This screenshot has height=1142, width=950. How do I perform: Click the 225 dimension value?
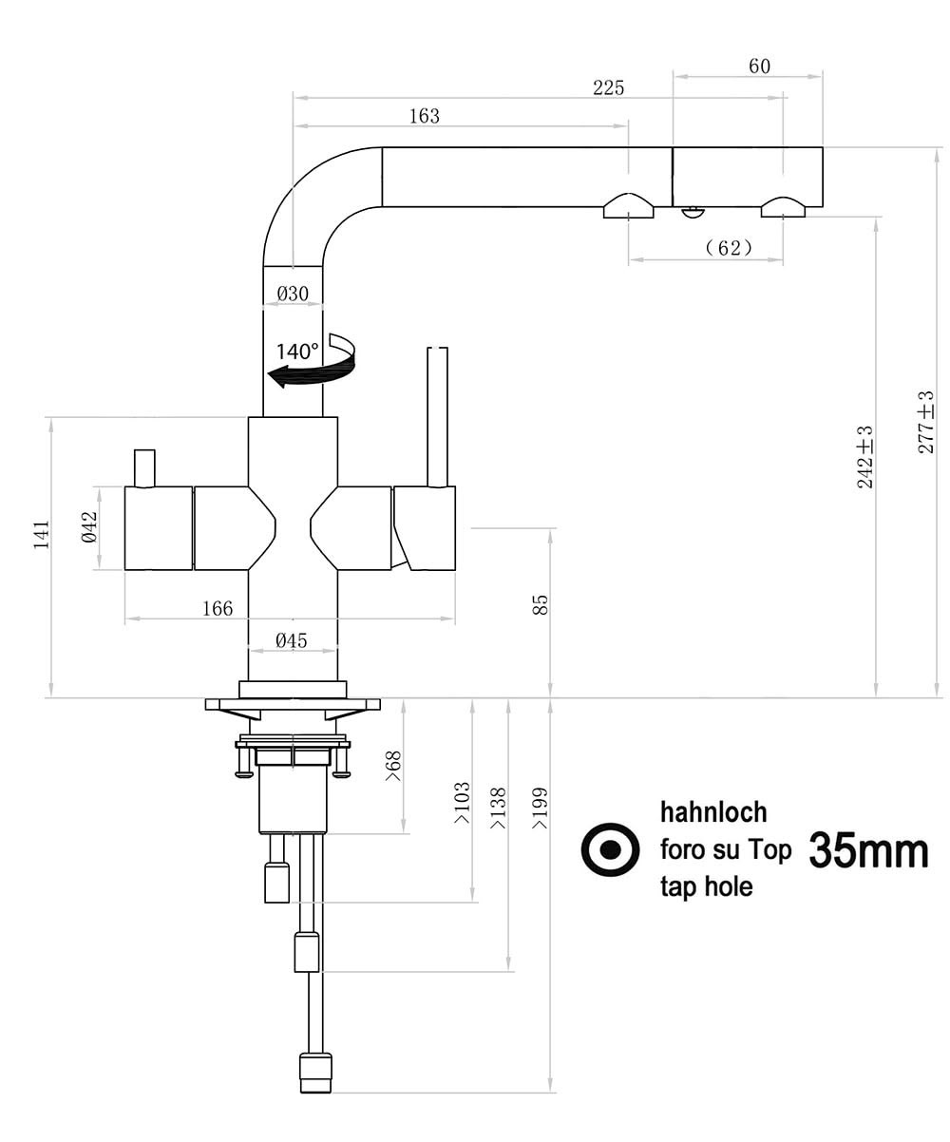click(x=609, y=87)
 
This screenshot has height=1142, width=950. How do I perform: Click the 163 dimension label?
click(x=424, y=116)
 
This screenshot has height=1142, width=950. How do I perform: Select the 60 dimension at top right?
click(x=759, y=66)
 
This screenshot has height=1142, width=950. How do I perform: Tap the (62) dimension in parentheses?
click(x=729, y=248)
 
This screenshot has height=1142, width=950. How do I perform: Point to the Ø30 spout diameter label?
click(x=293, y=294)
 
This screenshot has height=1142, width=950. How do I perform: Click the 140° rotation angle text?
click(x=297, y=351)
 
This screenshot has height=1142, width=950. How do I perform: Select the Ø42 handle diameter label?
click(x=89, y=526)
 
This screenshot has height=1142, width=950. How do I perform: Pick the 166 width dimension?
click(x=217, y=609)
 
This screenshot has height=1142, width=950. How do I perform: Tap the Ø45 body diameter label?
click(x=291, y=640)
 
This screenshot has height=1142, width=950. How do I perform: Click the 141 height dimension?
click(x=41, y=535)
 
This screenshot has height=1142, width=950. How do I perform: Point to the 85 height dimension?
click(x=540, y=605)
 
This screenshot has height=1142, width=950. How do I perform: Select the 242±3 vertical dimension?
click(x=864, y=457)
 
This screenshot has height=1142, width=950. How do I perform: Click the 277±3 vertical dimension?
click(x=925, y=422)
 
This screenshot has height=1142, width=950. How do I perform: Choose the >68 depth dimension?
click(x=393, y=766)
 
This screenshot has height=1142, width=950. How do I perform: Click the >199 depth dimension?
click(x=540, y=808)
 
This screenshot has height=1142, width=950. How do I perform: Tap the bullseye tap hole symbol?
click(x=610, y=849)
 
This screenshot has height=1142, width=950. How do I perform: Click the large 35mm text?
click(x=868, y=851)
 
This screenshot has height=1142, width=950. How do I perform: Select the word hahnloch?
click(x=712, y=813)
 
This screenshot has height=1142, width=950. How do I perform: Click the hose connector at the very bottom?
click(x=315, y=1074)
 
